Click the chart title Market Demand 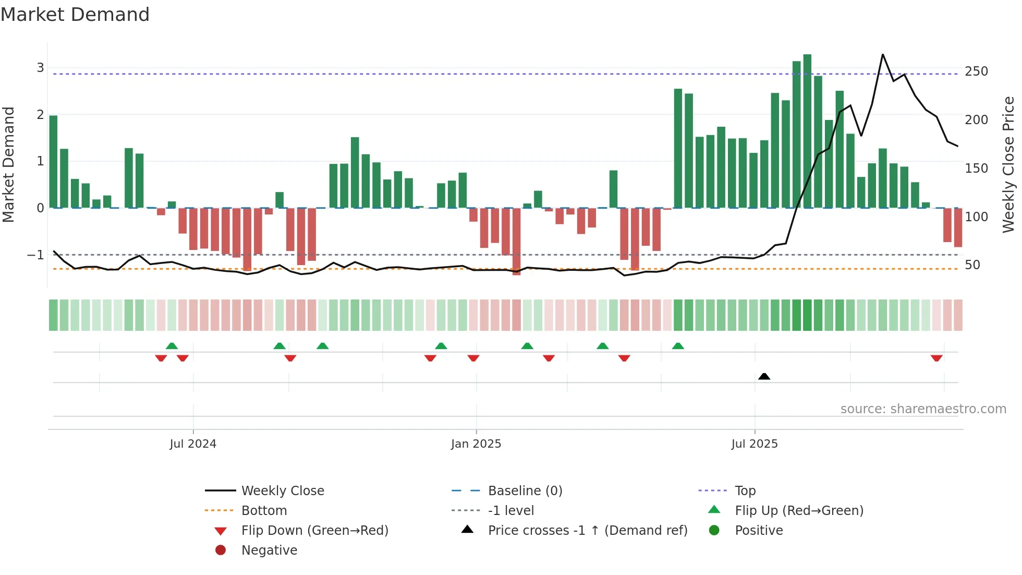click(75, 15)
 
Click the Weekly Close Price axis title click(1008, 164)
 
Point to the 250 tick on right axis click(976, 71)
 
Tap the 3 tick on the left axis click(40, 68)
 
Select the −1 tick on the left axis click(35, 255)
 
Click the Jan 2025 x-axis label click(476, 444)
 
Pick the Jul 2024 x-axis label click(192, 444)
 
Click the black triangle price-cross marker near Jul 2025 click(764, 376)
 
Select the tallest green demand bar click(807, 130)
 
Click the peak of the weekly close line click(883, 55)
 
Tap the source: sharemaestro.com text click(923, 409)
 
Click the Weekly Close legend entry click(282, 491)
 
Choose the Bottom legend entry click(264, 511)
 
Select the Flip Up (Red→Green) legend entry click(798, 511)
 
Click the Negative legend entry click(269, 550)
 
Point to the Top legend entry click(745, 491)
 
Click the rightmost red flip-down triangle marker click(936, 358)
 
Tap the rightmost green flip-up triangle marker click(678, 346)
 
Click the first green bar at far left click(53, 162)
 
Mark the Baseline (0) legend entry click(525, 491)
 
